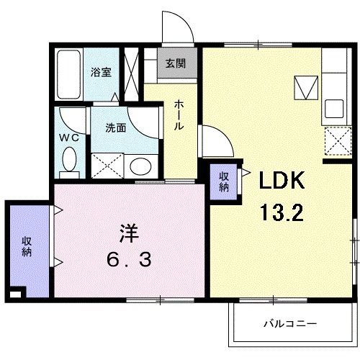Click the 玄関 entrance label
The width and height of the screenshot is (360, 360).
click(x=174, y=63)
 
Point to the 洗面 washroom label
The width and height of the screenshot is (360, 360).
click(x=115, y=128)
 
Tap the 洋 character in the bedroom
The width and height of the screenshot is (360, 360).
click(x=127, y=234)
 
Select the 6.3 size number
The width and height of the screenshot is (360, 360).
click(x=130, y=258)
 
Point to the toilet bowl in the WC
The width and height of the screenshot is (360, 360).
click(x=70, y=159)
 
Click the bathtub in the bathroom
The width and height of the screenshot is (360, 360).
click(x=69, y=76)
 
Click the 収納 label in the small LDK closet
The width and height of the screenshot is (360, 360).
click(x=224, y=181)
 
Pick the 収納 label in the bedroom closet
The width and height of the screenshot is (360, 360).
click(x=27, y=246)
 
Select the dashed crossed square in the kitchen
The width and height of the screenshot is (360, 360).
click(x=334, y=140)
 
